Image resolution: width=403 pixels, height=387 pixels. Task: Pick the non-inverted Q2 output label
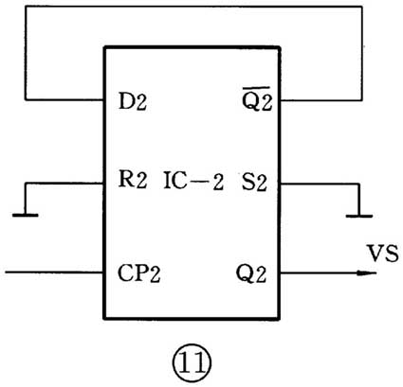255,275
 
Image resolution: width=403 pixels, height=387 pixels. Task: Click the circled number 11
193,361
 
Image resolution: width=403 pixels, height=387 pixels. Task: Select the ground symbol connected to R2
26,213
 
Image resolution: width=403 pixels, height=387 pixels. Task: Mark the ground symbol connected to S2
357,214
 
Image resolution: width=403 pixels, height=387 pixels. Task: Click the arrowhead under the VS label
361,274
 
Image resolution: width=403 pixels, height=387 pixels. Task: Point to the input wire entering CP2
52,274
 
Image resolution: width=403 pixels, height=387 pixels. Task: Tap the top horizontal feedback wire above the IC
193,7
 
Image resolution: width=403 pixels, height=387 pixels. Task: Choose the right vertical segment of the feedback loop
362,52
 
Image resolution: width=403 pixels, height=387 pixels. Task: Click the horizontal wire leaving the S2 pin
318,183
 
